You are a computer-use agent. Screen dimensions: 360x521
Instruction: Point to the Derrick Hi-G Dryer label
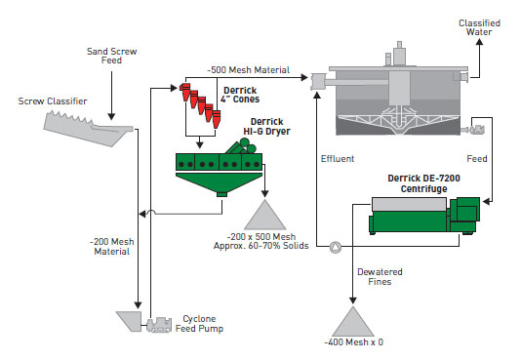(x=260, y=126)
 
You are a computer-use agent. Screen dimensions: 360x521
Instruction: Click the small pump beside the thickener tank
(x=478, y=128)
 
